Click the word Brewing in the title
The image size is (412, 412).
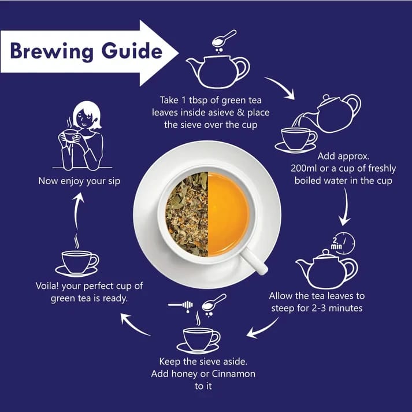pyautogui.click(x=52, y=51)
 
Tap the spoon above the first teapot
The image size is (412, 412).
pyautogui.click(x=224, y=38)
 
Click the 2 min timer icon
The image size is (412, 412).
pyautogui.click(x=343, y=243)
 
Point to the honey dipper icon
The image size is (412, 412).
pyautogui.click(x=181, y=306)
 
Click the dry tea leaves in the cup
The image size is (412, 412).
pyautogui.click(x=187, y=214)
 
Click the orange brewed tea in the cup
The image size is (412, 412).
pyautogui.click(x=228, y=214)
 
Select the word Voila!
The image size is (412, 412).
pyautogui.click(x=47, y=285)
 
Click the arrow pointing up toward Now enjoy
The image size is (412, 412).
pyautogui.click(x=77, y=210)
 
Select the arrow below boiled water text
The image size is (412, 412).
pyautogui.click(x=346, y=207)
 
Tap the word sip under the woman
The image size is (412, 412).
pyautogui.click(x=114, y=181)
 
